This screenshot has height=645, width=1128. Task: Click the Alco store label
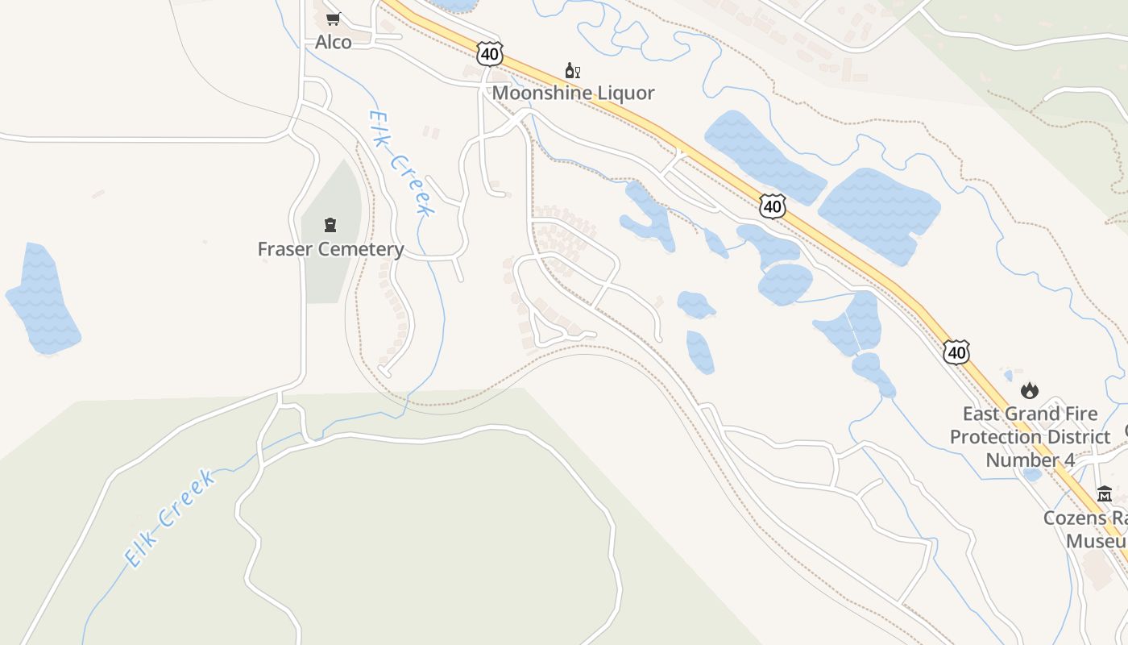coord(333,42)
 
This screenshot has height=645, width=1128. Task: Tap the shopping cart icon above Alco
coord(333,19)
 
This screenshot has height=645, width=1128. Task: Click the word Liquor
coord(624,93)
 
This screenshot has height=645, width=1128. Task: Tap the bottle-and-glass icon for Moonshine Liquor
coord(573,71)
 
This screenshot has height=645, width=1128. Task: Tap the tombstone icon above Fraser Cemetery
coord(330,224)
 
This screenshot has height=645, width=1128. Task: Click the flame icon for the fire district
coord(1030,391)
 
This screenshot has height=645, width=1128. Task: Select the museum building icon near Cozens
coord(1105,493)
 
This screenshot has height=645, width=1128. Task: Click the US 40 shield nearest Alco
coord(489,54)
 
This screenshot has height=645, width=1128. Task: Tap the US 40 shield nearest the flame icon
coord(956,352)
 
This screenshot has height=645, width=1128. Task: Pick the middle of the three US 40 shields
coord(772,206)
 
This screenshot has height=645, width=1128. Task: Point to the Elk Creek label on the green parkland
coord(170,517)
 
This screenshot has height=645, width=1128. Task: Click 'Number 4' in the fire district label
coord(1030,460)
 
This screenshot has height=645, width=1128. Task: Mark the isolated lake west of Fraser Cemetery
coord(42,299)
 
